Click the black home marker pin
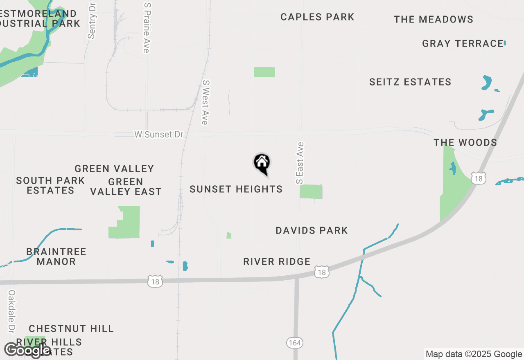click(262, 164)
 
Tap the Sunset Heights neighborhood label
click(236, 189)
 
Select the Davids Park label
click(312, 230)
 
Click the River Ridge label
click(277, 261)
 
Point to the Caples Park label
click(317, 17)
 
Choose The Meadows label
click(434, 19)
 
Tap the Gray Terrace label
click(463, 43)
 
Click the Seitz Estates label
click(410, 82)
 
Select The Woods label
click(465, 142)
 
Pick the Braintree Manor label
click(56, 256)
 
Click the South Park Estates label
click(51, 185)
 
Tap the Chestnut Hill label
click(71, 328)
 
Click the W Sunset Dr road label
click(159, 135)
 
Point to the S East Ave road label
click(300, 163)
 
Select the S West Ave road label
click(205, 102)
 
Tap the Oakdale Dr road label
click(11, 311)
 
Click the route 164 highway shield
click(295, 342)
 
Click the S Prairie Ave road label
click(147, 27)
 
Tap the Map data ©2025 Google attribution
click(474, 354)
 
